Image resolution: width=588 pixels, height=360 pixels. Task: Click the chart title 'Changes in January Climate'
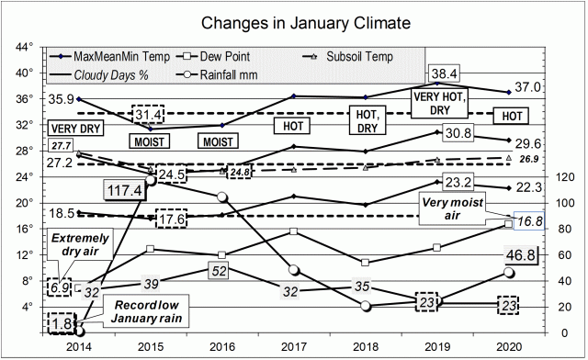coord(293,21)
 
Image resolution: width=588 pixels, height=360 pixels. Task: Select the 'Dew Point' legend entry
coord(240,56)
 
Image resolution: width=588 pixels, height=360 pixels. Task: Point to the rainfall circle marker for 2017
coord(292,270)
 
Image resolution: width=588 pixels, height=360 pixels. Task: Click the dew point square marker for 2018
coord(366,262)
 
